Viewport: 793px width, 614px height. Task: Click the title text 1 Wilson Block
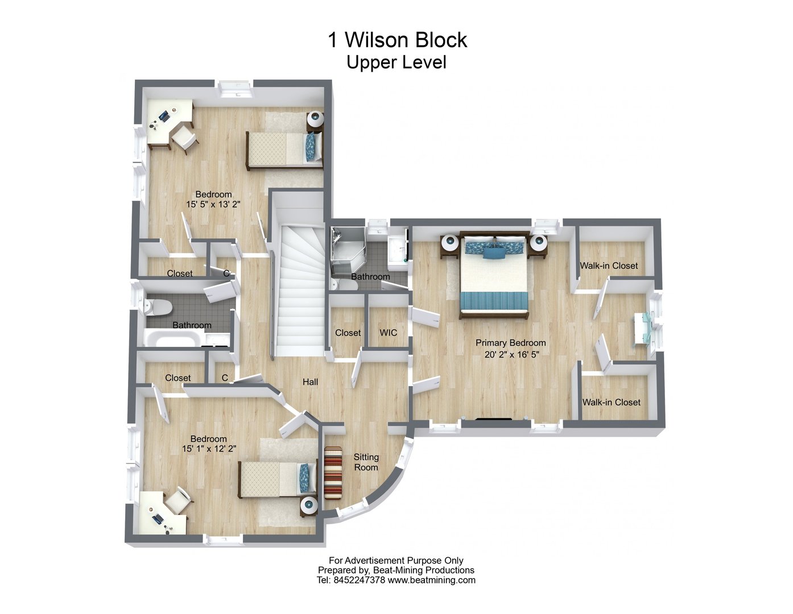point(396,40)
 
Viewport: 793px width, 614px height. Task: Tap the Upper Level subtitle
point(396,62)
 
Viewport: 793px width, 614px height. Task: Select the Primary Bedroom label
point(510,343)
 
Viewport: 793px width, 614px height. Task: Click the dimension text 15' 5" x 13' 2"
point(213,205)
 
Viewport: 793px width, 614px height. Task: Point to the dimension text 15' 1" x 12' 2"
point(209,449)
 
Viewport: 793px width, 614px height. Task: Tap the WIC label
point(388,333)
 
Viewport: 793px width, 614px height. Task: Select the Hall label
point(310,382)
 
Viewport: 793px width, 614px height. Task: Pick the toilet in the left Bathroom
point(158,308)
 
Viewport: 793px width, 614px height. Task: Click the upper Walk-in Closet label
point(609,265)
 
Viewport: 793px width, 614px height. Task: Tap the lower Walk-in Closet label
point(611,402)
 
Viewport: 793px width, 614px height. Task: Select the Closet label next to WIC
point(348,333)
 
